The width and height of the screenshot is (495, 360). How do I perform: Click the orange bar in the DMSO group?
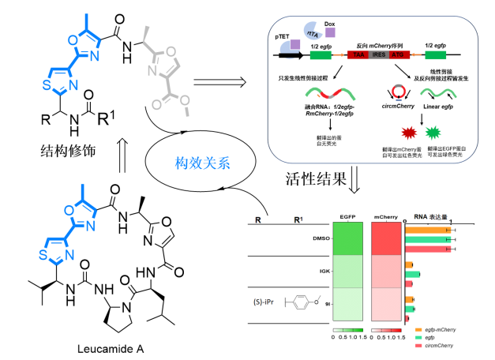(x=427, y=230)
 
